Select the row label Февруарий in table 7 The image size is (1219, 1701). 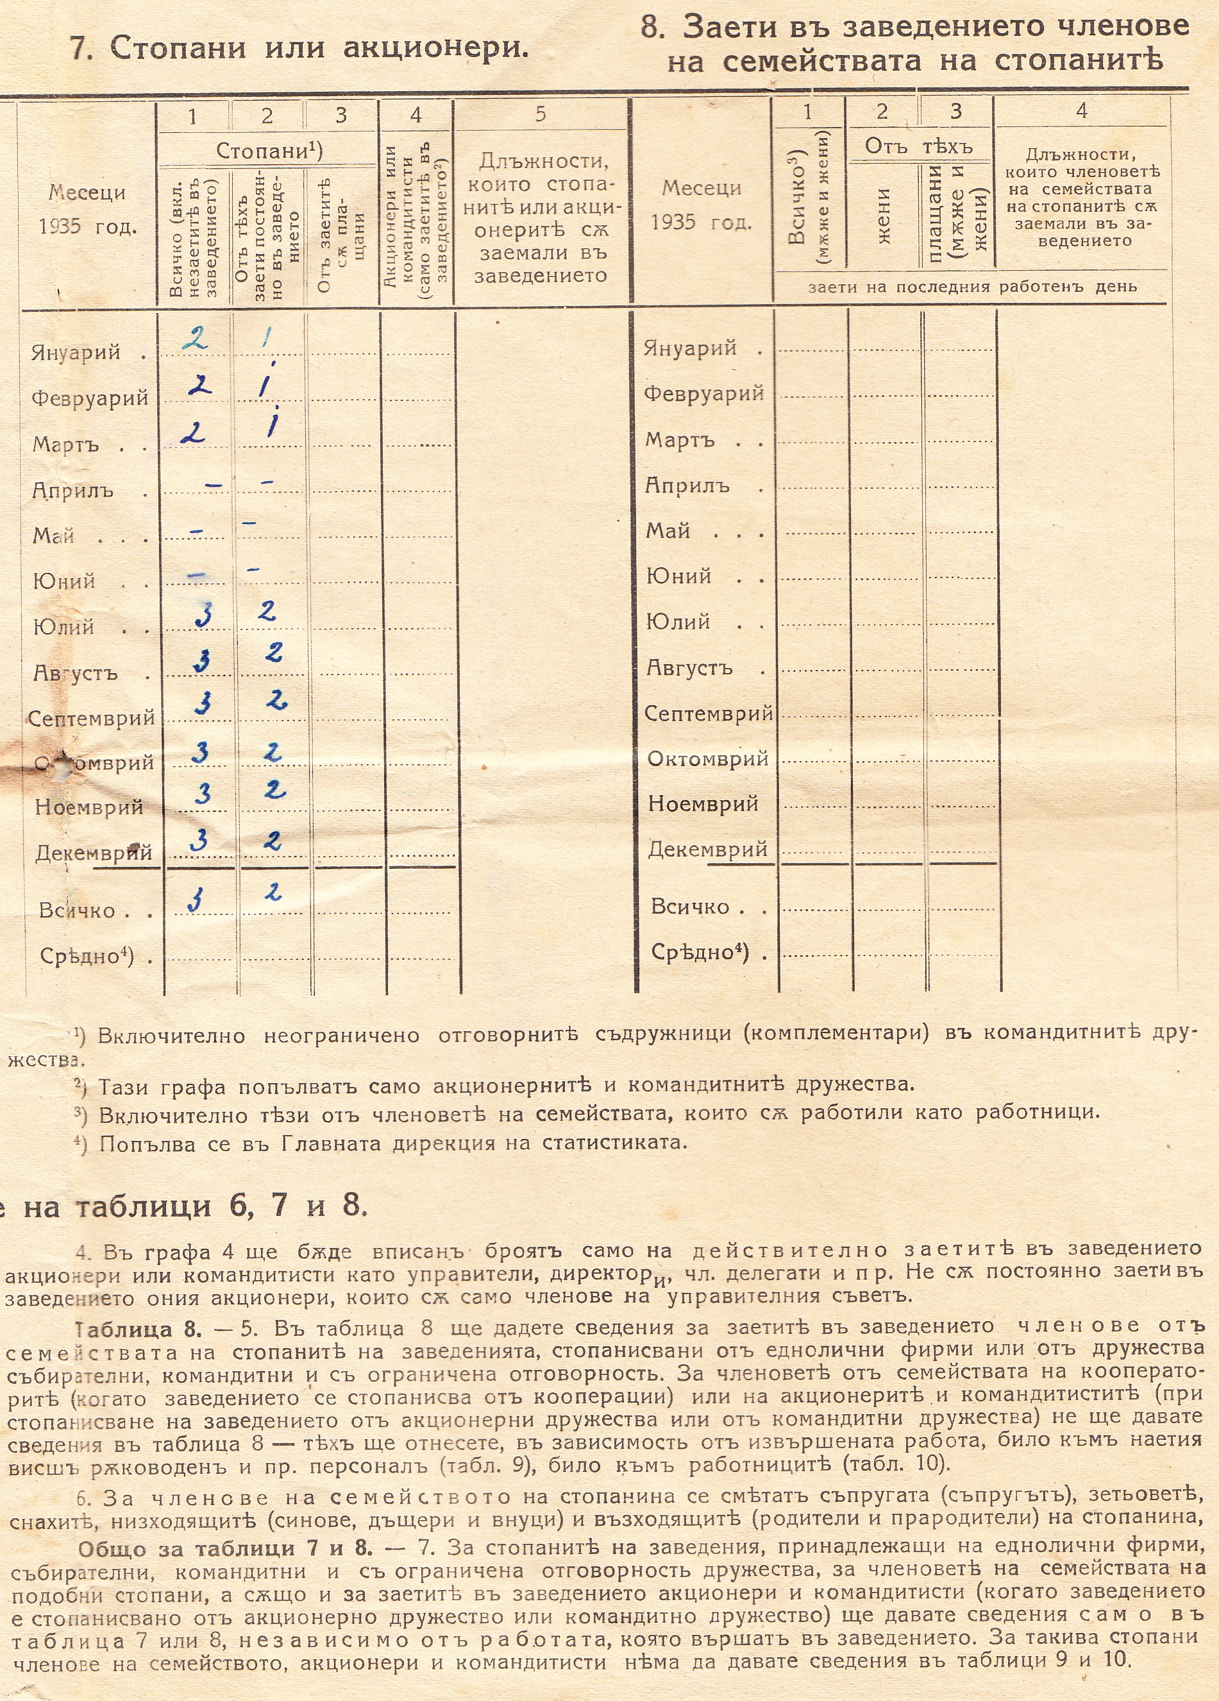[x=90, y=398]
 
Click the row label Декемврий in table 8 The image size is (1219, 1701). [x=707, y=849]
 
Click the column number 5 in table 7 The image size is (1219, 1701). [x=541, y=114]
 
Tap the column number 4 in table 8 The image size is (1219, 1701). [x=1081, y=111]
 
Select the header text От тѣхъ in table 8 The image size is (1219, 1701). [x=918, y=146]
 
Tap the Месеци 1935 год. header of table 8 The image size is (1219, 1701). [x=702, y=205]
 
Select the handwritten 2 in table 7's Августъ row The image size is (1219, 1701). [x=274, y=653]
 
